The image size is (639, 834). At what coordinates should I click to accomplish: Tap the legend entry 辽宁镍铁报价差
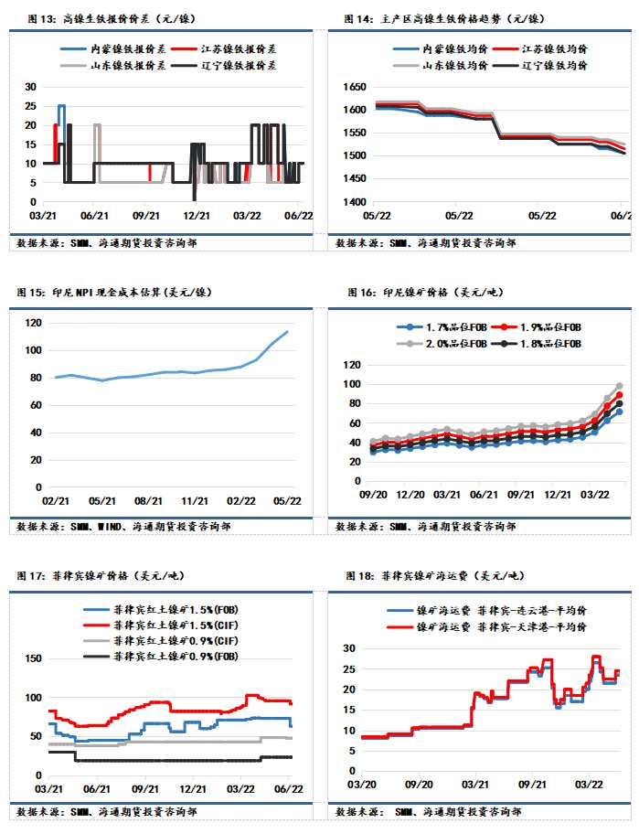[x=238, y=65]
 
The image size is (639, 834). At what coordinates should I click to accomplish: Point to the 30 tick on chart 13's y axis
[x=30, y=87]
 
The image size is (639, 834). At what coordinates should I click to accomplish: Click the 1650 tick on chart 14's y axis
[x=353, y=87]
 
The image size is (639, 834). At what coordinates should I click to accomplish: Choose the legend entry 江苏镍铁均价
[x=553, y=48]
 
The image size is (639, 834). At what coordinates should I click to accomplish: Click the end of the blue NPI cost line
[x=288, y=332]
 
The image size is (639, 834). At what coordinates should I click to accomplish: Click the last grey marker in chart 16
[x=619, y=386]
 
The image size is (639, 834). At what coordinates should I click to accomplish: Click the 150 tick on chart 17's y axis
[x=30, y=658]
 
